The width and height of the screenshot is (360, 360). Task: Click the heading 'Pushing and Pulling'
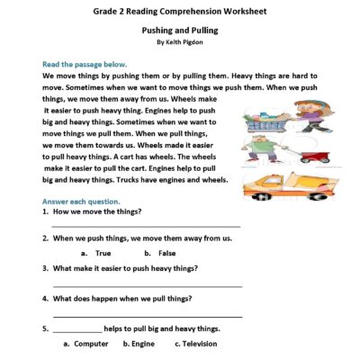[x=179, y=30]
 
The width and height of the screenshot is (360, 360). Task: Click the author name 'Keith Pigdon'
[x=184, y=42]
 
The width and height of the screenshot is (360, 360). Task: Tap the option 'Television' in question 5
[x=201, y=344]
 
